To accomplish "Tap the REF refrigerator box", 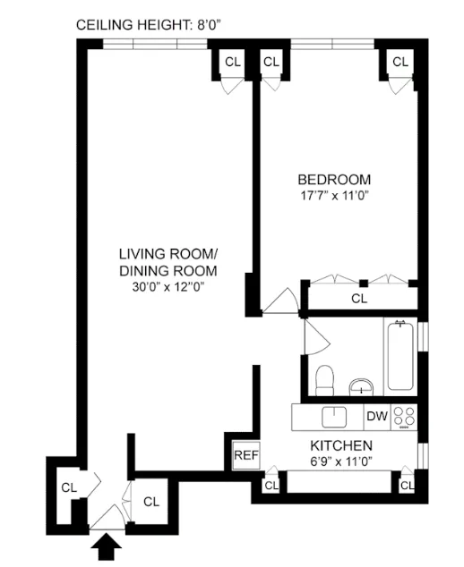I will coord(245,455).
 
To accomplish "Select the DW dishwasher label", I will coord(377,416).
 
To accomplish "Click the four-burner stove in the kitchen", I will coord(405,417).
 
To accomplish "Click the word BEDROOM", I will coord(334,178).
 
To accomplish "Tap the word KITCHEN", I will coord(340,444).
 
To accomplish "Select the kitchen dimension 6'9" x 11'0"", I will coord(340,461).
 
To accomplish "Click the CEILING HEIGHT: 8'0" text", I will coord(147,24).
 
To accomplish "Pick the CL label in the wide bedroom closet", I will coord(359,298).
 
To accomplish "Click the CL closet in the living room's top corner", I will coord(232,62).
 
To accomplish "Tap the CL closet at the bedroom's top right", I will coord(400,62).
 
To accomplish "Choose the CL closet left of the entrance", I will coord(68,487).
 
